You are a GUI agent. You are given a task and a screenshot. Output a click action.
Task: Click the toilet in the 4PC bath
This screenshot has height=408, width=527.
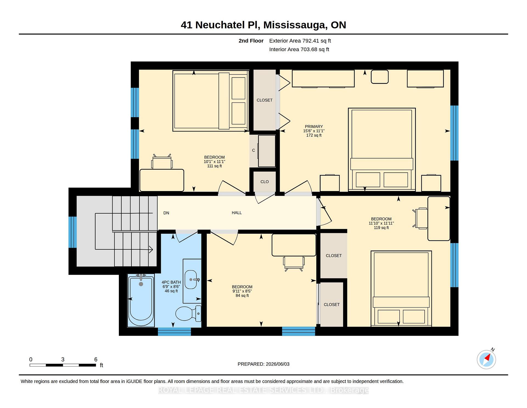[x=188, y=313]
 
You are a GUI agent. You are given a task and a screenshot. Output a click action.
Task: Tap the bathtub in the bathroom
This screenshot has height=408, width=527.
[x=141, y=300]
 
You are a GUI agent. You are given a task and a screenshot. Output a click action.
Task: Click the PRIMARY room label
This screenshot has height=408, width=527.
[x=314, y=127]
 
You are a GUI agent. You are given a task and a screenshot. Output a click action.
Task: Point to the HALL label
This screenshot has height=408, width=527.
[x=237, y=213]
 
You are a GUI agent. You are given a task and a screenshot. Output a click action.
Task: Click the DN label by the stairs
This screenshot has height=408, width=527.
[x=166, y=213]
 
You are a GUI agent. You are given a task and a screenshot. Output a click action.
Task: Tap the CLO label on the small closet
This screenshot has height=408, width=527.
[x=265, y=182]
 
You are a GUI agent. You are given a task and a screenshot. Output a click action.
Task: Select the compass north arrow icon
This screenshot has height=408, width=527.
[x=487, y=359]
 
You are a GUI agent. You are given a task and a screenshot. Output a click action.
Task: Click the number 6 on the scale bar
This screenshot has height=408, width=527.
[x=96, y=359]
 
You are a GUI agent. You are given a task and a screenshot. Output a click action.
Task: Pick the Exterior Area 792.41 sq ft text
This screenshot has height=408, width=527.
[x=300, y=41]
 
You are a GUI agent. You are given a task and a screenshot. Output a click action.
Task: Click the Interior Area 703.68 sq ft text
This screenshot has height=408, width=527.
[x=299, y=49]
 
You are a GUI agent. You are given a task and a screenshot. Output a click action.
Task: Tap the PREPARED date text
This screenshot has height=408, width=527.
[x=263, y=364]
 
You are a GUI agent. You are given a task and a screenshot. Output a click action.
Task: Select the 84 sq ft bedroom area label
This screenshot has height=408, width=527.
[x=242, y=296]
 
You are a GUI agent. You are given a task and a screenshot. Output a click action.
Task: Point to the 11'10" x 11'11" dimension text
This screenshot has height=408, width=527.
[x=381, y=223]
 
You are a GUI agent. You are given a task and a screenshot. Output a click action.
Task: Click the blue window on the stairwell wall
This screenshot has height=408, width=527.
[x=72, y=232]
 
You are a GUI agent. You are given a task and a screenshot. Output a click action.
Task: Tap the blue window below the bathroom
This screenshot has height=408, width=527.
[x=174, y=331]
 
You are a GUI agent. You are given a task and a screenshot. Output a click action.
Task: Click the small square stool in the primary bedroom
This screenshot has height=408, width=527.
[x=380, y=77]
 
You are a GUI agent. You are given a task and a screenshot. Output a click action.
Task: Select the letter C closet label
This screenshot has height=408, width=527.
[x=253, y=150]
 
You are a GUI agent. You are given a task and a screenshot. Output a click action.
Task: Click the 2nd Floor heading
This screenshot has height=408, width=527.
[x=251, y=41]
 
